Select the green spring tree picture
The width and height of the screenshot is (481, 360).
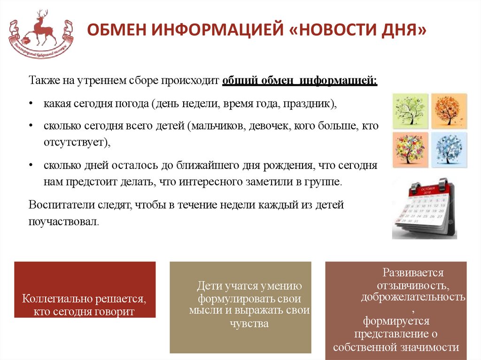(x=411, y=110)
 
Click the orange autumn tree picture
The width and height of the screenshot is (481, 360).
(x=449, y=110)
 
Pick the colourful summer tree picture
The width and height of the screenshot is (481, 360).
(x=411, y=149)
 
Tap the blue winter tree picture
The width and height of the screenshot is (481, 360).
(x=449, y=149)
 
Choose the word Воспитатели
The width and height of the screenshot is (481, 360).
(x=56, y=205)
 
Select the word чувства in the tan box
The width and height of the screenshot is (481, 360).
(x=249, y=323)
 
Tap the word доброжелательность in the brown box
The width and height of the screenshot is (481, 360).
(x=413, y=297)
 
